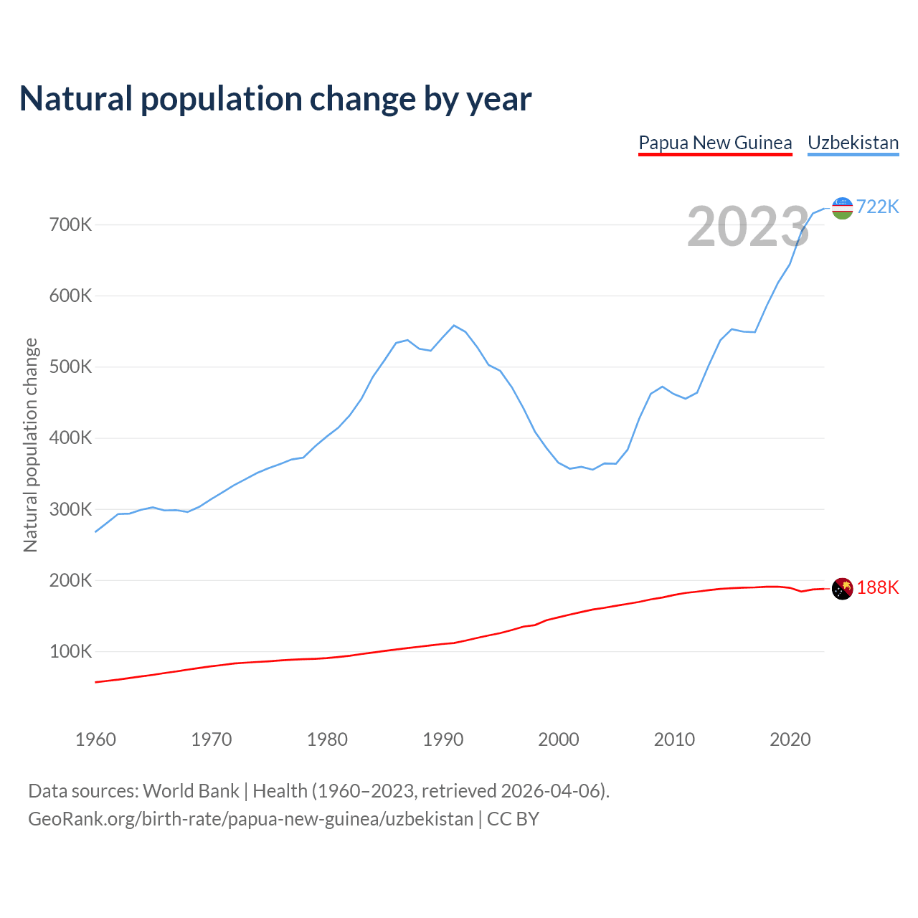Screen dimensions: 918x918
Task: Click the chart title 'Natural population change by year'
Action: coord(275,99)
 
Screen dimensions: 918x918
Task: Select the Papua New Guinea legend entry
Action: coord(715,143)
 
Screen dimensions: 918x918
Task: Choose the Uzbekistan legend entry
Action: coord(853,143)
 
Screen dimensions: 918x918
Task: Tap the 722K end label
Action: coord(877,207)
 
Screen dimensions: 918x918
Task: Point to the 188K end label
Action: coord(877,588)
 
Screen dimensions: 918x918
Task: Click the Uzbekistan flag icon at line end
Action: coord(842,208)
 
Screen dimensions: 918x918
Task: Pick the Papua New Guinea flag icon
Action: coord(842,589)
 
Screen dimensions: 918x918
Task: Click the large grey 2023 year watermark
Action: coord(748,227)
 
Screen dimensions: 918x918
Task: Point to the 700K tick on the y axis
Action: coord(71,225)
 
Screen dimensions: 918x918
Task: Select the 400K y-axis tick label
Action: coord(71,438)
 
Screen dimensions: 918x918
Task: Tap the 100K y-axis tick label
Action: coord(71,652)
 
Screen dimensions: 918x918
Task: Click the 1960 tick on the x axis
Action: coord(95,739)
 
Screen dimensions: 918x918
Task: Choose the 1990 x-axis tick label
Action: coord(443,739)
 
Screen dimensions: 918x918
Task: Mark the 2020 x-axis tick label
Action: coord(790,739)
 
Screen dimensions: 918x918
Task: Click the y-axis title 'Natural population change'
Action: coord(30,445)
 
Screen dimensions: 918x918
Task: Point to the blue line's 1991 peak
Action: coord(454,325)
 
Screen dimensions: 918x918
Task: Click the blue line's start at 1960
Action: coord(95,531)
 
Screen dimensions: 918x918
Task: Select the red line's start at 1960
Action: coord(95,682)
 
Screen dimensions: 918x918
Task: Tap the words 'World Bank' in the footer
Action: coord(191,791)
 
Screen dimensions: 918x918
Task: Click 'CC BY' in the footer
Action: coord(513,819)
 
